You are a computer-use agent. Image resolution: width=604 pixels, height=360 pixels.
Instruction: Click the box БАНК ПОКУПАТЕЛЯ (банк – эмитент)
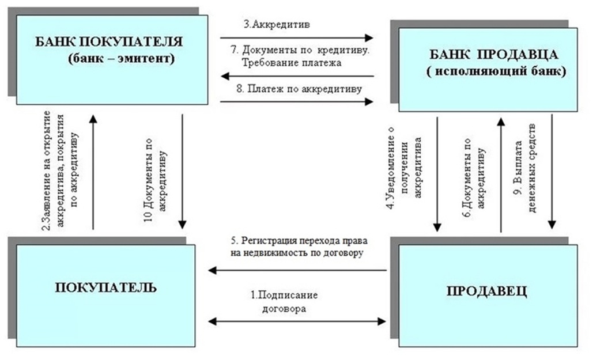[x=112, y=60]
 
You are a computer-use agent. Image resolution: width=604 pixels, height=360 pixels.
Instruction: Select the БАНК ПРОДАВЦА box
[x=488, y=70]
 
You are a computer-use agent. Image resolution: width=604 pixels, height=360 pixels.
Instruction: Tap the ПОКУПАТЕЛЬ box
[x=105, y=295]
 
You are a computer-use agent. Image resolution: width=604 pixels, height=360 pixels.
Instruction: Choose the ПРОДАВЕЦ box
[x=488, y=295]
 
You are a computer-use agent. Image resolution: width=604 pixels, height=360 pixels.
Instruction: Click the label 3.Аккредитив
[x=277, y=25]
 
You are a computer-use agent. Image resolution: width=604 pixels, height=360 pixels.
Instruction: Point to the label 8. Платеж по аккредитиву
[x=299, y=89]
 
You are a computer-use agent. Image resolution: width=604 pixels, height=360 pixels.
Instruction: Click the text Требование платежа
[x=292, y=62]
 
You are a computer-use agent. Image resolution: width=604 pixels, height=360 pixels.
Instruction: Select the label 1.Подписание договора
[x=284, y=302]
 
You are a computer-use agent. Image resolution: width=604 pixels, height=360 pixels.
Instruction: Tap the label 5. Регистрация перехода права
[x=299, y=241]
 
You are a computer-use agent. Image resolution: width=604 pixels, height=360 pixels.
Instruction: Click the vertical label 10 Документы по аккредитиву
[x=155, y=180]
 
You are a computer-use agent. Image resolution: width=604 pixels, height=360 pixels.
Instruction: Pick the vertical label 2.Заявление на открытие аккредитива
[x=60, y=170]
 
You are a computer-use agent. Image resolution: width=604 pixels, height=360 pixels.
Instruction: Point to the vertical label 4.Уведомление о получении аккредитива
[x=404, y=168]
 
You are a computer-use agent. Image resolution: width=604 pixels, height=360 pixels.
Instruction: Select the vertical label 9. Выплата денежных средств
[x=526, y=168]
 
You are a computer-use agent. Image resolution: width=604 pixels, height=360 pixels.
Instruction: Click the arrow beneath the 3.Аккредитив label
[x=297, y=38]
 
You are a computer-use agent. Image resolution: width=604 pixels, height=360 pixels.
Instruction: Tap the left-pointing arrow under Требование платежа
[x=298, y=76]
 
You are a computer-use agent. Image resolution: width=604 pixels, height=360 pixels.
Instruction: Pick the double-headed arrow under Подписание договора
[x=297, y=321]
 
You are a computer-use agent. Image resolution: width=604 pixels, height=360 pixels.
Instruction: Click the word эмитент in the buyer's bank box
[x=148, y=59]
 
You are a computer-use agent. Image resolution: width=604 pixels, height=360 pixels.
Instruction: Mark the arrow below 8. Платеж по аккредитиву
[x=297, y=102]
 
